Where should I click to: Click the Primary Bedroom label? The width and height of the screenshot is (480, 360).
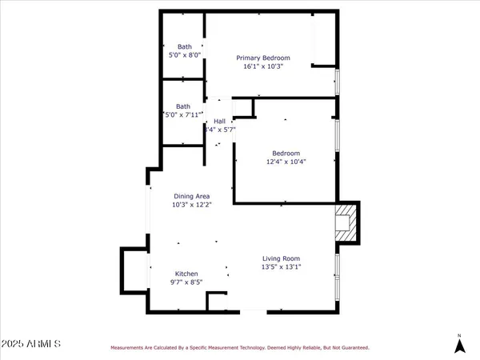coord(262,58)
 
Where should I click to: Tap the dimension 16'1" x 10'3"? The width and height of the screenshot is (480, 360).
coord(262,67)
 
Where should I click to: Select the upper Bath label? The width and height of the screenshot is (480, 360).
coord(184,46)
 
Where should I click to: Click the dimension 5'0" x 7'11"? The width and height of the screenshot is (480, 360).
coord(183,115)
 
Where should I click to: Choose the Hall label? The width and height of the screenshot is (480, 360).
coord(219,121)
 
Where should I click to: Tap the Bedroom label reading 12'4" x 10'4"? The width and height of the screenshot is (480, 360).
coord(286,153)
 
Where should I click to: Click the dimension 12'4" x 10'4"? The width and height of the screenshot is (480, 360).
coord(286,162)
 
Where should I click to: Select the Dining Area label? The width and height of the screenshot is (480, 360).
coord(191,196)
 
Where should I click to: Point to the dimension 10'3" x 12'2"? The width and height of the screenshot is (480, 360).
coord(191,205)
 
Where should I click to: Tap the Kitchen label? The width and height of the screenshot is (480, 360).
coord(186,274)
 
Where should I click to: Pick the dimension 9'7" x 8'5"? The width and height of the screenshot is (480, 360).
coord(186,282)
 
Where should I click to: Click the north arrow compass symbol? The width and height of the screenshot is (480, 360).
coord(459,346)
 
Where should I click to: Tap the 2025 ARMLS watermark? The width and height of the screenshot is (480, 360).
coord(32,344)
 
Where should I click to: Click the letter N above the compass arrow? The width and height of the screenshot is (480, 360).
coord(459,334)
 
